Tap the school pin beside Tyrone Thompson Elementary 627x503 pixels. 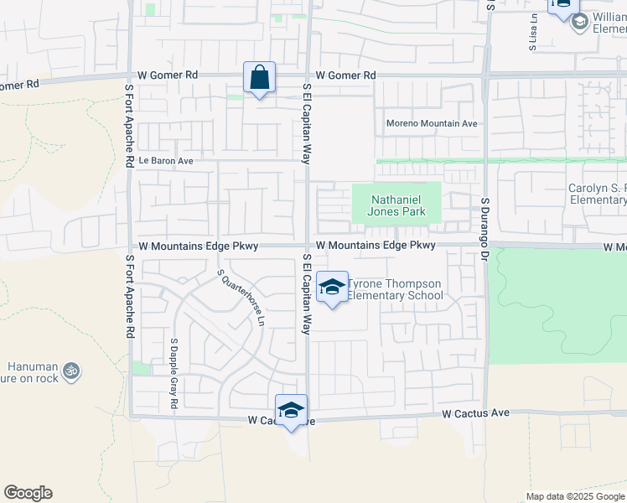333,287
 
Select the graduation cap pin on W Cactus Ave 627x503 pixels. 291,410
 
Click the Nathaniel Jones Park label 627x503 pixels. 396,205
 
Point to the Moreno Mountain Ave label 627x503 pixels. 432,123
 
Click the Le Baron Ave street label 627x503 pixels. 166,160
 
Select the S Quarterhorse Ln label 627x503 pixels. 241,298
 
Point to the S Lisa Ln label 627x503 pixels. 532,33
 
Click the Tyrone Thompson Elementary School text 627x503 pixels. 395,289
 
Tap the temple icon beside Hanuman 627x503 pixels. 71,369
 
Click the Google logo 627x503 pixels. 28,493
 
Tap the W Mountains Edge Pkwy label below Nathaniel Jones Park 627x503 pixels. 376,245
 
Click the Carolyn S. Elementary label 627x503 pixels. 597,194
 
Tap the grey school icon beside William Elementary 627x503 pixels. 578,22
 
